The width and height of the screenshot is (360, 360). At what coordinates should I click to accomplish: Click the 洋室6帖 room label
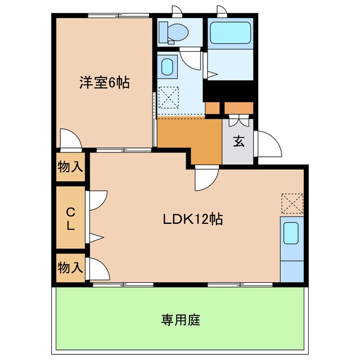click(x=104, y=83)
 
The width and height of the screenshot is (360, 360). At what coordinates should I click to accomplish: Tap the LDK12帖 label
click(x=193, y=219)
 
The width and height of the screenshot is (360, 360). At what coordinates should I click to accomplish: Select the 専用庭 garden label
click(x=181, y=321)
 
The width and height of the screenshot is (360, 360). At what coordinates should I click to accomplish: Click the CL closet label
click(x=70, y=219)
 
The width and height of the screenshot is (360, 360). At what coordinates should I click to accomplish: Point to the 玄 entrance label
click(x=239, y=142)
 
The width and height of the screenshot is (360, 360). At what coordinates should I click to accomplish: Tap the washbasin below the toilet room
click(x=167, y=68)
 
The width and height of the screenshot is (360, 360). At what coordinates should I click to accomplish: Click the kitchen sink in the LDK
click(x=291, y=233)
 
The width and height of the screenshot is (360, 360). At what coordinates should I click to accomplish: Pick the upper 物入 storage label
click(x=70, y=167)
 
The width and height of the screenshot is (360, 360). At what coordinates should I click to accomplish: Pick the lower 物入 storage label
click(x=70, y=268)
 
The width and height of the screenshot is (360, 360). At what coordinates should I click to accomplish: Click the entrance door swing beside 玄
click(x=268, y=144)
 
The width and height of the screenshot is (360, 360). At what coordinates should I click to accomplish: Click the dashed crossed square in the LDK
click(x=292, y=203)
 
